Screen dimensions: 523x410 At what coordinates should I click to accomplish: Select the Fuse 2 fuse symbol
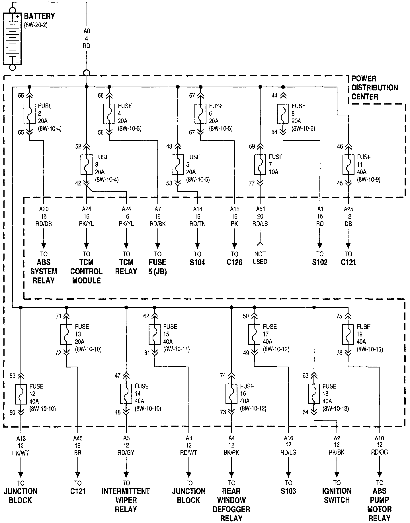[29, 114]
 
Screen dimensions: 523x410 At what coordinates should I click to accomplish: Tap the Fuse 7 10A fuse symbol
[260, 165]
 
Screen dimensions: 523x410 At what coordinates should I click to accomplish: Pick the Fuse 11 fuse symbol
[348, 165]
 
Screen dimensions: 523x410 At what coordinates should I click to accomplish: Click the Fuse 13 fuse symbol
[66, 334]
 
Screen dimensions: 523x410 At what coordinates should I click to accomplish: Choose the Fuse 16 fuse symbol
[231, 394]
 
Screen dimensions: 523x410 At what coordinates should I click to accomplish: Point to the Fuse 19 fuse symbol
[348, 334]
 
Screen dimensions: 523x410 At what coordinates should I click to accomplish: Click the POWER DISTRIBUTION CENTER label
[374, 88]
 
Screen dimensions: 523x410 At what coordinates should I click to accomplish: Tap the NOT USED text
[260, 258]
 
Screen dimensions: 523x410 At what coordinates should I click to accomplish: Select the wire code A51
[260, 209]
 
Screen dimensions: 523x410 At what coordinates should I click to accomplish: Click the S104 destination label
[197, 262]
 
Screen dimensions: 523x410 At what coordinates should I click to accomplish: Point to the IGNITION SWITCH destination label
[337, 495]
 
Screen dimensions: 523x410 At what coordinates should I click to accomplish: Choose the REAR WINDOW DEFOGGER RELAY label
[231, 504]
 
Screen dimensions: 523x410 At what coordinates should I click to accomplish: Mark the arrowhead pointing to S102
[320, 246]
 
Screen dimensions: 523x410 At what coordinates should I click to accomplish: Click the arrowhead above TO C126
[234, 246]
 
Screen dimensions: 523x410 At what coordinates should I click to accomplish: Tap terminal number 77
[251, 183]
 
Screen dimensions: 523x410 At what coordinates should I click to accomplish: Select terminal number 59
[13, 376]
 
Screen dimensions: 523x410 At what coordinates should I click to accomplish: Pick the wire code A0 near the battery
[86, 31]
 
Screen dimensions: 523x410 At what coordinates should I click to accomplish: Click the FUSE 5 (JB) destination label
[157, 267]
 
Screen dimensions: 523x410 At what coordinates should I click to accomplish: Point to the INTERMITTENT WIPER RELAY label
[126, 500]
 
